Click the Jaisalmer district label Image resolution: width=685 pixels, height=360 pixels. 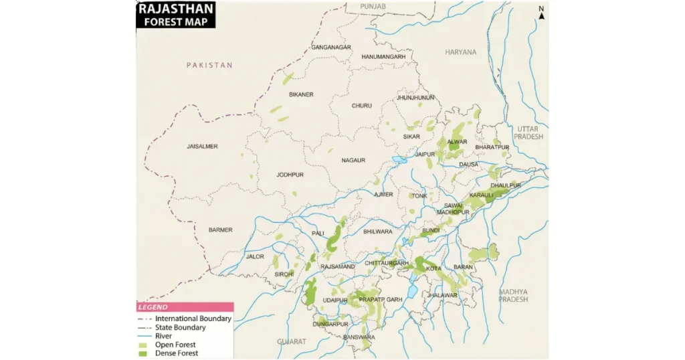(202, 146)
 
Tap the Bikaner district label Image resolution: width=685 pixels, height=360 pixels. (301, 94)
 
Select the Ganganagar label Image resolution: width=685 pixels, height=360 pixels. (331, 48)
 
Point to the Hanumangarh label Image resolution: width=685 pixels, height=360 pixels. (383, 57)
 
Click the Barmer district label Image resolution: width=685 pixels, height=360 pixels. (220, 230)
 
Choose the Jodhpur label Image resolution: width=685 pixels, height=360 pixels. (290, 175)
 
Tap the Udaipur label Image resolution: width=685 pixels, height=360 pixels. (335, 300)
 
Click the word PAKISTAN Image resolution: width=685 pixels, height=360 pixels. (209, 65)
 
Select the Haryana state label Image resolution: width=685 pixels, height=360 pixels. (461, 52)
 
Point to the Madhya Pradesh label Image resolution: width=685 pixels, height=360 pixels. (513, 296)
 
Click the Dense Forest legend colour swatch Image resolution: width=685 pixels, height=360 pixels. (142, 353)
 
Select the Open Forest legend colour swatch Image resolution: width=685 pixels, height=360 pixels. (142, 345)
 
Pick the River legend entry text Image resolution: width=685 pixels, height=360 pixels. (163, 336)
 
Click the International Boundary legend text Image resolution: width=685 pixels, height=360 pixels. (193, 319)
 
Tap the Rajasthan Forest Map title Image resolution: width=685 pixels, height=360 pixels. (176, 15)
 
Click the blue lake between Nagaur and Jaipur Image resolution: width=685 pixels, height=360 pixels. (400, 160)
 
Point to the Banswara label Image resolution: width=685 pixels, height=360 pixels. (359, 337)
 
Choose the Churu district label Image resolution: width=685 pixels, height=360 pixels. (361, 106)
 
